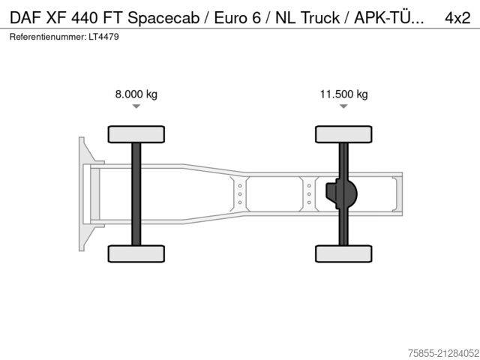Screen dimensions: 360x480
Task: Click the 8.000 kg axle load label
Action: pos(136,94)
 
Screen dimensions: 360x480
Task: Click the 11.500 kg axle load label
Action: pos(343,94)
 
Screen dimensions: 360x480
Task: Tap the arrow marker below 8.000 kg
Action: pos(136,107)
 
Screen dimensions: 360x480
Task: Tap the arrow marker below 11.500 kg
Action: pos(343,107)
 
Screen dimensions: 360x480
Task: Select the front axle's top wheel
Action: pos(136,134)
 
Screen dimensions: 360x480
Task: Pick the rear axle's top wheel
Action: pos(343,134)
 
